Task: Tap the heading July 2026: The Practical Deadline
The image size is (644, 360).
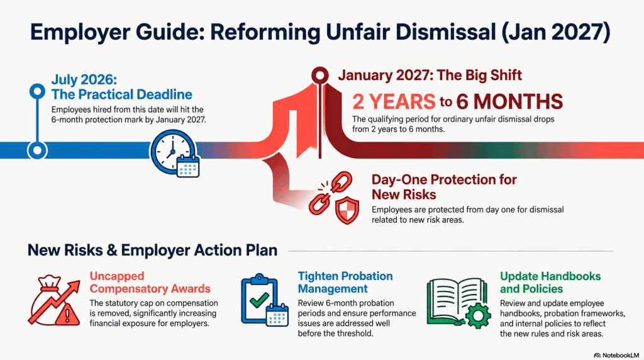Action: [x=121, y=87]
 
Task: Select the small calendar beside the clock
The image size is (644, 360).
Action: [x=188, y=166]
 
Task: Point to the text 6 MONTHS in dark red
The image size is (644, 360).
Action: [x=509, y=101]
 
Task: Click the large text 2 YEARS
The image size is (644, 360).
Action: [x=394, y=101]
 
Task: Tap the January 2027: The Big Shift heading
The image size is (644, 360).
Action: [x=430, y=75]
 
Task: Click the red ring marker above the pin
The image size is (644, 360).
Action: [x=320, y=75]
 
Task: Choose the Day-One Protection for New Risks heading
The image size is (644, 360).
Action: [x=444, y=187]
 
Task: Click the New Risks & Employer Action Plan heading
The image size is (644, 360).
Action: [x=152, y=250]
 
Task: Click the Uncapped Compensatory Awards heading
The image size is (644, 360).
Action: [x=150, y=283]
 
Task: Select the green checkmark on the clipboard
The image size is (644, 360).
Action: [x=259, y=300]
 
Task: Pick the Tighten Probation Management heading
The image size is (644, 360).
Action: [x=345, y=283]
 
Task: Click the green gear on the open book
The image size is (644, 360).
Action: [x=477, y=315]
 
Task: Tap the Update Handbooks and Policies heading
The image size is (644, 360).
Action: [x=550, y=283]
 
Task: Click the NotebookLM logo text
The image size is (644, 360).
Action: [x=617, y=355]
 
